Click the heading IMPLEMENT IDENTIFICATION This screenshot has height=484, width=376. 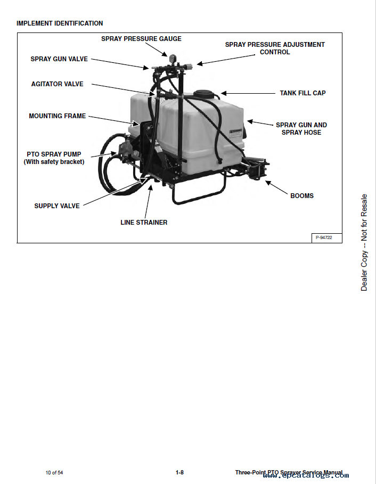(x=60, y=23)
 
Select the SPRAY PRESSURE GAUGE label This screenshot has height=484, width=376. (x=141, y=39)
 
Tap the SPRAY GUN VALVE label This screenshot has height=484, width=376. (x=59, y=59)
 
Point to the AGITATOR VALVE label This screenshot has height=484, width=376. (x=57, y=84)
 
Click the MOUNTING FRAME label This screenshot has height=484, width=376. (x=57, y=116)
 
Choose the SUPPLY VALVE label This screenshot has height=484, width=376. (x=57, y=206)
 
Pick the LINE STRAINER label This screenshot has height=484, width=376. (x=144, y=223)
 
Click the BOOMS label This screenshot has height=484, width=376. (x=302, y=196)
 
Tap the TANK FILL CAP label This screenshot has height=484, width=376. (x=303, y=93)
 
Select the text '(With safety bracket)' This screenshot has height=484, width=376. (x=54, y=162)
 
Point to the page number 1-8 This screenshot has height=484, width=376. (x=179, y=473)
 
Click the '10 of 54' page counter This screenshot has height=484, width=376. (x=54, y=473)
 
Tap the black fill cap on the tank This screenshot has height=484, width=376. (x=204, y=95)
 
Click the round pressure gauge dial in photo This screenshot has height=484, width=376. (x=174, y=58)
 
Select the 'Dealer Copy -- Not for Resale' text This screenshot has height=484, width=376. (x=364, y=242)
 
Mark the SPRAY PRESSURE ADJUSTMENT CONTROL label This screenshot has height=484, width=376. (x=275, y=48)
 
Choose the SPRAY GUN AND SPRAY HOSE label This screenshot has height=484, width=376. (x=301, y=129)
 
